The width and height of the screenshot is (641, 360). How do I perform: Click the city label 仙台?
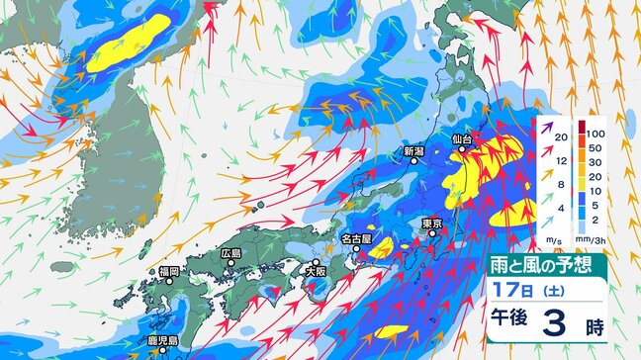click(465, 139)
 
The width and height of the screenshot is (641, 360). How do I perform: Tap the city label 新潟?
click(413, 152)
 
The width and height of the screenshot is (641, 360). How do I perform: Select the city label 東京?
click(430, 225)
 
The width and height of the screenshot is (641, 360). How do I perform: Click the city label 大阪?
click(316, 270)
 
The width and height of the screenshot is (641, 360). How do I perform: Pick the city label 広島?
click(232, 254)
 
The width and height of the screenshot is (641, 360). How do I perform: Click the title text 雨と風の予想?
click(549, 264)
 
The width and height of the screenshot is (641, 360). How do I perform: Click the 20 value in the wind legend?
click(560, 137)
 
